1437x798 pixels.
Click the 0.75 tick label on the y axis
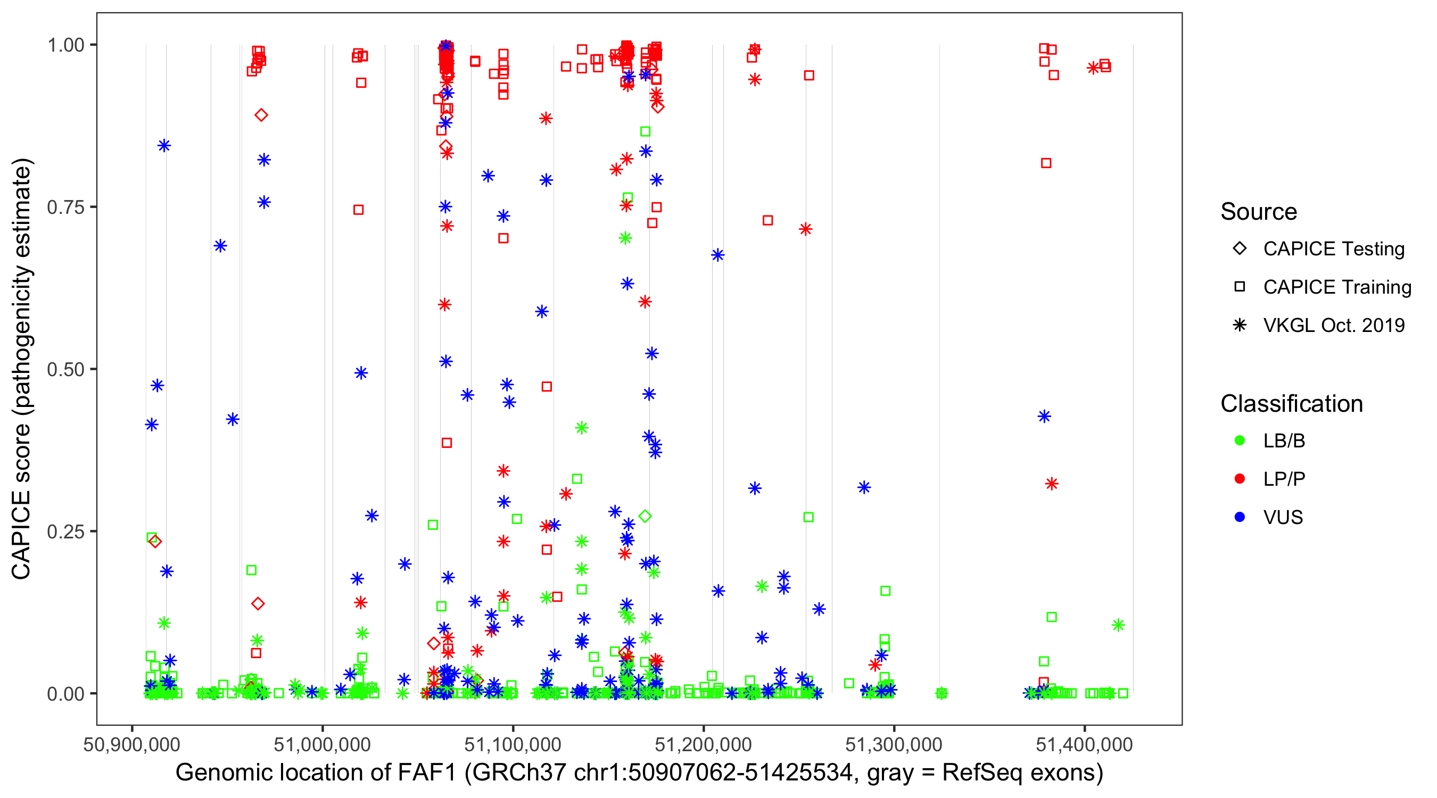coord(65,207)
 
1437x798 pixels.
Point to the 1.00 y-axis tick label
coord(65,45)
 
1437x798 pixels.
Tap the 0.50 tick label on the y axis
coord(65,370)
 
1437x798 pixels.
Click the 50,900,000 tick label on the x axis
coord(131,744)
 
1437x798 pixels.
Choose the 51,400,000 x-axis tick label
coord(1085,744)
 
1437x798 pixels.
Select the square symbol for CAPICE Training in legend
coord(1240,287)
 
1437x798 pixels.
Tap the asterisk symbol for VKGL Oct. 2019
coord(1240,325)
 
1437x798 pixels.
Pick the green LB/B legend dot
coord(1240,441)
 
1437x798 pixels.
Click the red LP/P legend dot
coord(1240,479)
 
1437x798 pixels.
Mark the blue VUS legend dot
coord(1240,518)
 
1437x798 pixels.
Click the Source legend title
coord(1259,212)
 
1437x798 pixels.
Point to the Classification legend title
coord(1291,404)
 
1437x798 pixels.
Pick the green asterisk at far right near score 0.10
coord(1118,625)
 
